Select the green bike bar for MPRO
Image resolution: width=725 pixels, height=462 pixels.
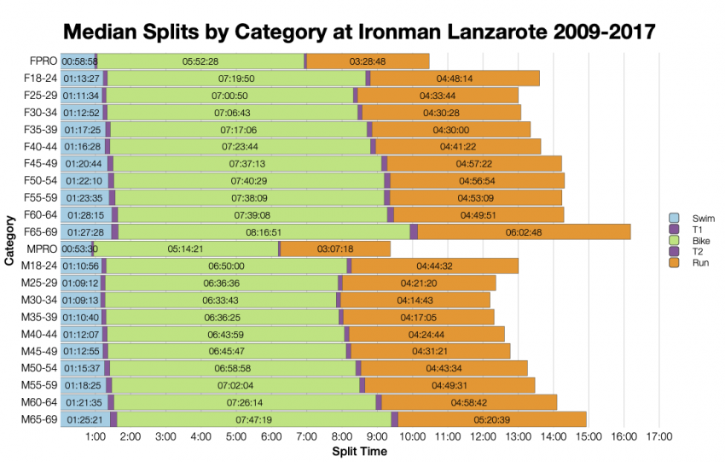click(185, 249)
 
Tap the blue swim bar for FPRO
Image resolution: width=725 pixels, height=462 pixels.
click(77, 61)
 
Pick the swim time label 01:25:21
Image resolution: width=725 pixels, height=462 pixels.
click(83, 419)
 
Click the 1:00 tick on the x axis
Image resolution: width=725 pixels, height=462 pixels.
click(96, 437)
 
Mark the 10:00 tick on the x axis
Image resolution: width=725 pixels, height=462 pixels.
click(413, 437)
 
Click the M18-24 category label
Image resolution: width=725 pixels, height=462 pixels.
click(39, 266)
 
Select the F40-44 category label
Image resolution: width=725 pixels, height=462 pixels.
click(39, 146)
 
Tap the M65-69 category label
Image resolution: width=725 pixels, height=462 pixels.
click(39, 419)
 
